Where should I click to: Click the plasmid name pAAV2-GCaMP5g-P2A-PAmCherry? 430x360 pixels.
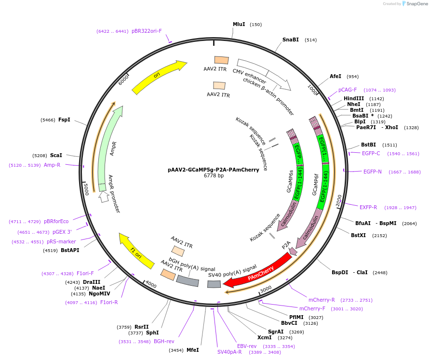(214, 170)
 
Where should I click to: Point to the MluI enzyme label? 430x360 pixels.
(239, 24)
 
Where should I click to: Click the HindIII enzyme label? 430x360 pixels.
(354, 98)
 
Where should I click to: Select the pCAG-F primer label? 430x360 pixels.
(348, 90)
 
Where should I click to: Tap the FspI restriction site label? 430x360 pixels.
(64, 120)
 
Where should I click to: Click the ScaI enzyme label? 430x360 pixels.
(56, 156)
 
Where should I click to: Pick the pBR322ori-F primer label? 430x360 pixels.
(147, 31)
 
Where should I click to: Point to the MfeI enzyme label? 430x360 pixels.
(193, 350)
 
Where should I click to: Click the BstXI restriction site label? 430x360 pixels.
(359, 235)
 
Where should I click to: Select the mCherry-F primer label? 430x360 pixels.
(312, 308)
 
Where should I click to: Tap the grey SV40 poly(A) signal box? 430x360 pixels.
(214, 284)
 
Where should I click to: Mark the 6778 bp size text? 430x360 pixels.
(214, 176)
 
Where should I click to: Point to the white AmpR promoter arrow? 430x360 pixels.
(103, 196)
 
